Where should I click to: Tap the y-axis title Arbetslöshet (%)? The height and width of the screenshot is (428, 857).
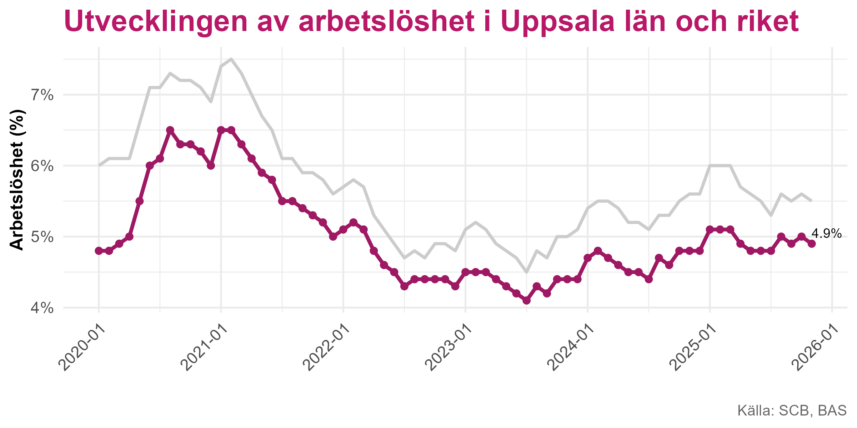click(x=17, y=180)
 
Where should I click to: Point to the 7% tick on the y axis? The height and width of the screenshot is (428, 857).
click(x=42, y=95)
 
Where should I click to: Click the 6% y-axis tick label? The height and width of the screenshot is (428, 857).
click(x=42, y=166)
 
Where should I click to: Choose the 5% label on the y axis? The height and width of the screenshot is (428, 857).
click(x=42, y=237)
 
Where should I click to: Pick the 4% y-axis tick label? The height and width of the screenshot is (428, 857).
click(x=42, y=308)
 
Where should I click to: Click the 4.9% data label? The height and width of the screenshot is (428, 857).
click(x=827, y=234)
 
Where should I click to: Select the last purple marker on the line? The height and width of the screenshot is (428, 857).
click(x=812, y=244)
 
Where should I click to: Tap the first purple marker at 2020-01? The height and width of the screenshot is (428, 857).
click(x=99, y=251)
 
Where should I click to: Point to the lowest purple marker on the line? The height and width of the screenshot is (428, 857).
click(x=526, y=300)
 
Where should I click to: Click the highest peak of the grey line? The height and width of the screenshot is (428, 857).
click(x=231, y=59)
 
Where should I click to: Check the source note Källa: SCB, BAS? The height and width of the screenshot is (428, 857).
click(x=792, y=411)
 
